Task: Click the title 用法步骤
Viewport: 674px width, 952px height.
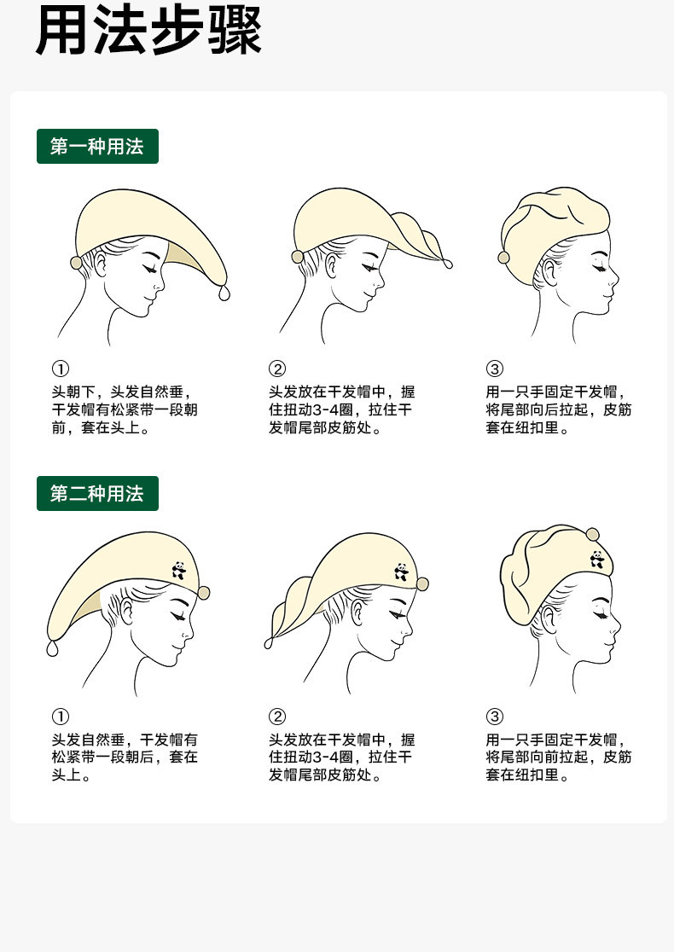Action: tap(148, 31)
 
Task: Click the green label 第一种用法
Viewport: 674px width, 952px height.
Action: tap(97, 147)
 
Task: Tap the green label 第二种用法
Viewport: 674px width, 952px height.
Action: tap(97, 494)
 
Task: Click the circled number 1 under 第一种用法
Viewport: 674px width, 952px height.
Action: tap(61, 369)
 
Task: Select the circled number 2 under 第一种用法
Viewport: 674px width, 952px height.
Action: tap(277, 369)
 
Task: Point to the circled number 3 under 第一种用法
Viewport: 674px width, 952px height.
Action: tap(495, 369)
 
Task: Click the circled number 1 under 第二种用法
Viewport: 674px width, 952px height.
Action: tap(61, 717)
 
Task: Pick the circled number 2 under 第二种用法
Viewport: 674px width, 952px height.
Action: tap(277, 717)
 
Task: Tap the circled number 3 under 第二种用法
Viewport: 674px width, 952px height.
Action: tap(495, 717)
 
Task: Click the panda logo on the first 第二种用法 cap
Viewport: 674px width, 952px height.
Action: tap(178, 570)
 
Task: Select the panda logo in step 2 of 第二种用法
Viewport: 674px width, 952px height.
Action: tap(401, 572)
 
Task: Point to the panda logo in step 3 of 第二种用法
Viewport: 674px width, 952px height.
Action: tap(597, 560)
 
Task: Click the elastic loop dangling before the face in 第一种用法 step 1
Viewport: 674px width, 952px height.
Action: tap(224, 293)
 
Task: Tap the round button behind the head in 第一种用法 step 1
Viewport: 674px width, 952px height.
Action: tap(76, 262)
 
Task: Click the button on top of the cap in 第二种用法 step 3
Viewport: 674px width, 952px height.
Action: tap(593, 534)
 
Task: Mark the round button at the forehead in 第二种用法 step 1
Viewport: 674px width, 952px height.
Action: tap(204, 593)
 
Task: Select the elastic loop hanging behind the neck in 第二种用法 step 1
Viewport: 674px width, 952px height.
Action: tap(53, 648)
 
